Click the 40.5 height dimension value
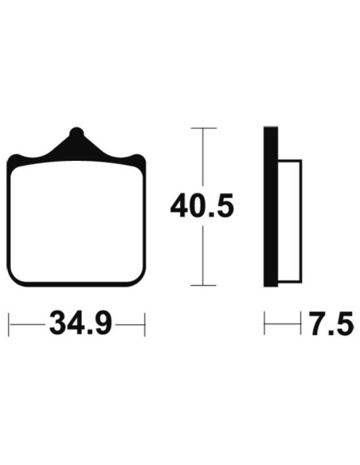(202, 205)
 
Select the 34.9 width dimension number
(80, 324)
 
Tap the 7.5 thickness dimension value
(331, 323)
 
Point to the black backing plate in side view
(271, 207)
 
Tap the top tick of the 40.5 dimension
(203, 128)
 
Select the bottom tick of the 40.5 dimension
(203, 285)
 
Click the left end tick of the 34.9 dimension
(9, 324)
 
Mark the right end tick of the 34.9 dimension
(145, 324)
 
